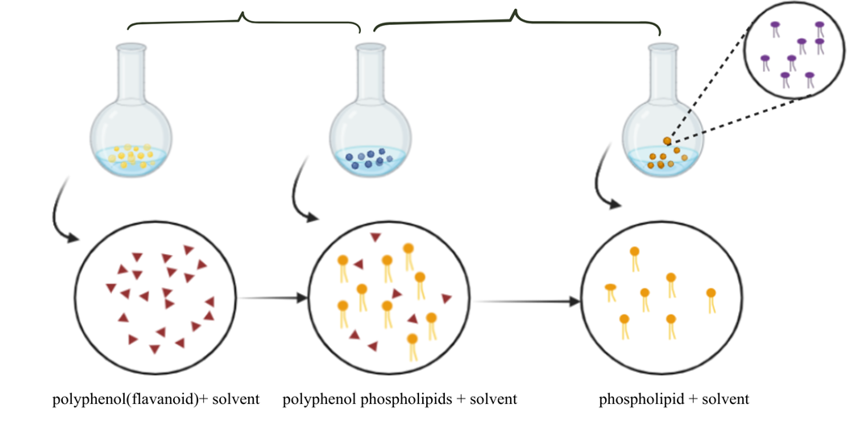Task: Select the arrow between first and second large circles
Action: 273,298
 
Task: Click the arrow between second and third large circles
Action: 527,302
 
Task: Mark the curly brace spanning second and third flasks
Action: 516,19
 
